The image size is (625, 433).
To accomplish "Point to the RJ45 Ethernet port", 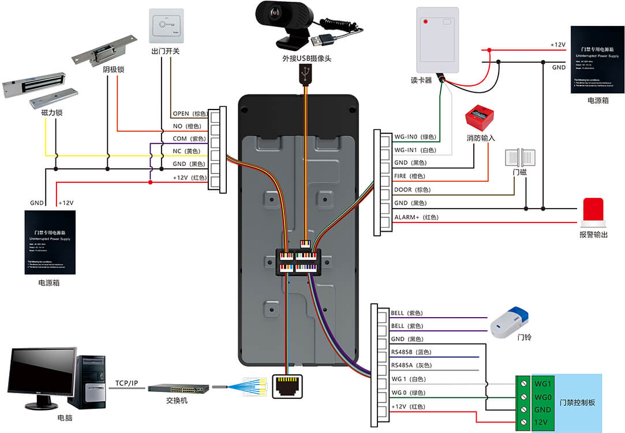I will [287, 385].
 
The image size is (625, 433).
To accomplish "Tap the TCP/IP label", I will [126, 383].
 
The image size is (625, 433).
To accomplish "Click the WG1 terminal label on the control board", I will [544, 383].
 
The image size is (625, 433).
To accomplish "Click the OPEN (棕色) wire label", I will [189, 114].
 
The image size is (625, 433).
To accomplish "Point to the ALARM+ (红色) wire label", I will [416, 217].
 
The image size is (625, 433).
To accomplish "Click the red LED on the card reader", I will [426, 22].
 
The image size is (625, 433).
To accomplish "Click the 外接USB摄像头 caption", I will [306, 59].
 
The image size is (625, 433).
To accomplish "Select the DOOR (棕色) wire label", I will [413, 190].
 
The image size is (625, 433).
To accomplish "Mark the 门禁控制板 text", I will [577, 402].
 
